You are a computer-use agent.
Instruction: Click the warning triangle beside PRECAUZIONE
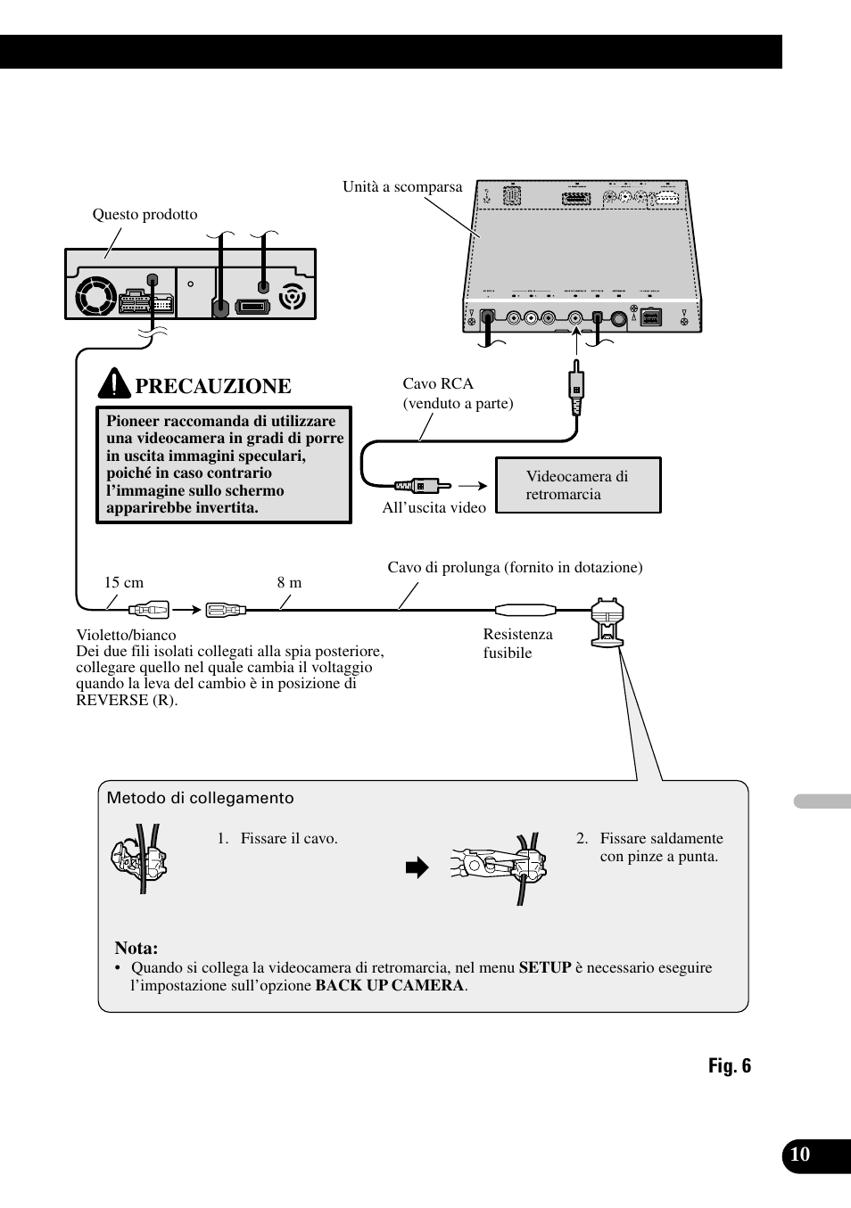coord(114,383)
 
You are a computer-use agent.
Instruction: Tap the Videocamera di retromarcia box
coord(578,485)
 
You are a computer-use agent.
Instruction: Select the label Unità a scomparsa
coord(402,187)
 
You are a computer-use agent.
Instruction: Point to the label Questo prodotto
coord(145,214)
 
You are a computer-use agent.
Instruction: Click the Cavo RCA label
coord(438,384)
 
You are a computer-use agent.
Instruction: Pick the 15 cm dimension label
coord(123,583)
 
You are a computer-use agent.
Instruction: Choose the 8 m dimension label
coord(289,583)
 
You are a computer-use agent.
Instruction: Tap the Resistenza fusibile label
coord(517,644)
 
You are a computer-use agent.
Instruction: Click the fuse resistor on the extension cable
coord(525,611)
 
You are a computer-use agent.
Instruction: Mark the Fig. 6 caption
coord(730,1066)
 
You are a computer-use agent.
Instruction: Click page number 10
coord(800,1155)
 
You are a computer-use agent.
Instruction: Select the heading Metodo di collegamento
coord(200,799)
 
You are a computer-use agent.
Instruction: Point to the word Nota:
coord(136,949)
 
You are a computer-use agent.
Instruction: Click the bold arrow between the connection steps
coord(417,867)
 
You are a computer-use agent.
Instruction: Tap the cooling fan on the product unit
coord(95,296)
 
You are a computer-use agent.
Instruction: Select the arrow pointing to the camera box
coord(473,486)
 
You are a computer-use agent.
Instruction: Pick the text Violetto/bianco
coord(126,636)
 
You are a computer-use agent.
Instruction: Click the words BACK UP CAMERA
coord(390,985)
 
